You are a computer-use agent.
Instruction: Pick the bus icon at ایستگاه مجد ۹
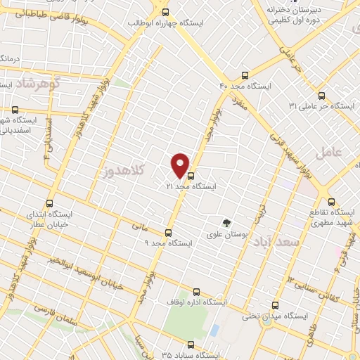[x=167, y=233]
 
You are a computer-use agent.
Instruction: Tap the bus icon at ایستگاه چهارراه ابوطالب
[x=166, y=12]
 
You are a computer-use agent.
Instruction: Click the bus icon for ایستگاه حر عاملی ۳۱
[x=321, y=96]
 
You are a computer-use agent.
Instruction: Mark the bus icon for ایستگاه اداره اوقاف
[x=195, y=291]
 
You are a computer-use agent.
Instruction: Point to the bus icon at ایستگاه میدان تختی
[x=276, y=306]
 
